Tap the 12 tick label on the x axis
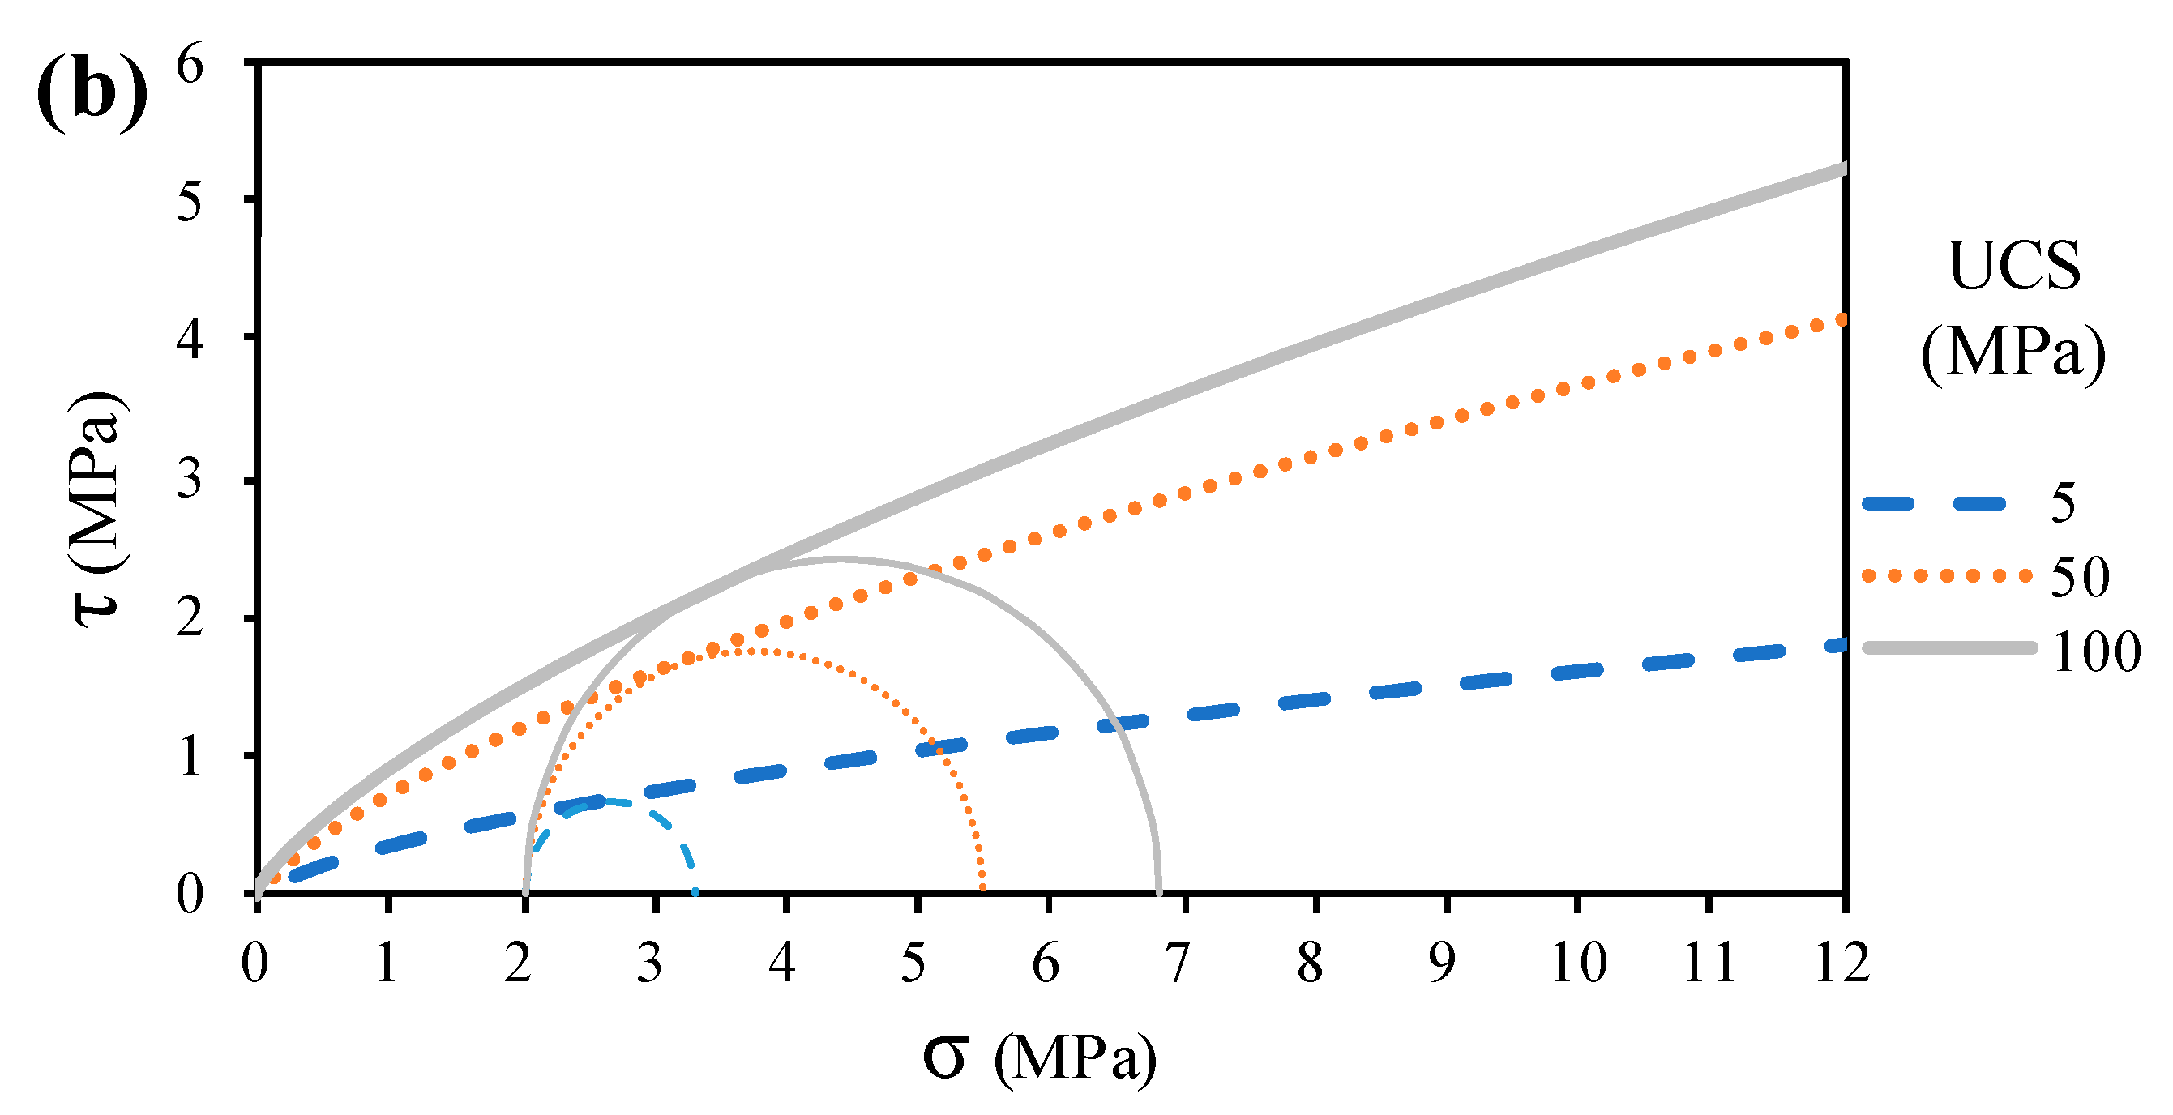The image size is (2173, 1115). point(1841,963)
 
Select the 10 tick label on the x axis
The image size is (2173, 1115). point(1578,963)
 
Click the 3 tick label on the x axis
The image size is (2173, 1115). point(648,963)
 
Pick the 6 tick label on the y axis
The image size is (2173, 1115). point(190,66)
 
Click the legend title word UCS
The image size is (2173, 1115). point(2014,267)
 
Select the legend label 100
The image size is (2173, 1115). point(2095,652)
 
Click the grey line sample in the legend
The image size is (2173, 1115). point(1949,647)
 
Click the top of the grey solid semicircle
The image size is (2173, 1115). point(841,558)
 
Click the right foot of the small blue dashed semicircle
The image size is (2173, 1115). point(695,891)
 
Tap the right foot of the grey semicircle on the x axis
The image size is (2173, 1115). point(1158,891)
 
